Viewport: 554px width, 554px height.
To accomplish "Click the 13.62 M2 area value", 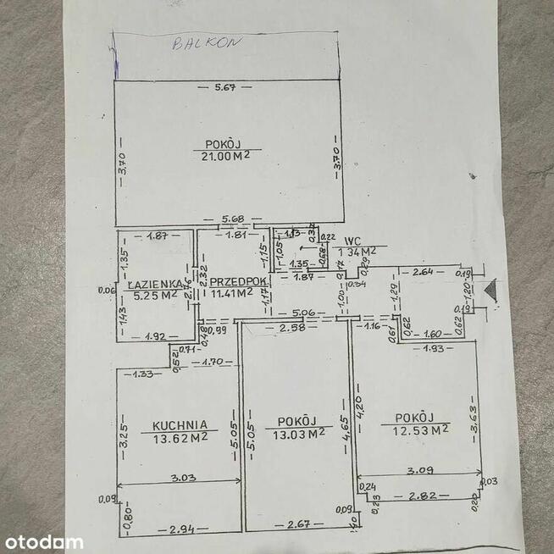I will click(180, 438).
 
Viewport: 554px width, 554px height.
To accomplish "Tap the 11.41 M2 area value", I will click(234, 294).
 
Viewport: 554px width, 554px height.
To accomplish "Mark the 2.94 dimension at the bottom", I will click(184, 529).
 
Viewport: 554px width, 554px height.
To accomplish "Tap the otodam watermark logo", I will click(43, 541).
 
